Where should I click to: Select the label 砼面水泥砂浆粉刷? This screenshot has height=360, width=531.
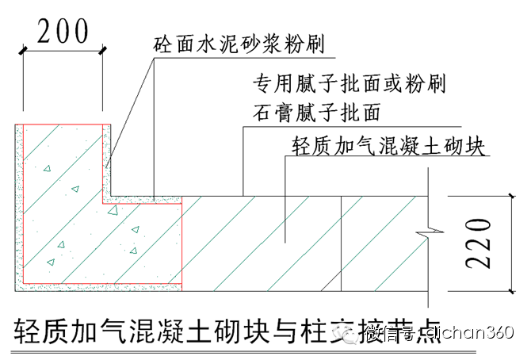point(239,42)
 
